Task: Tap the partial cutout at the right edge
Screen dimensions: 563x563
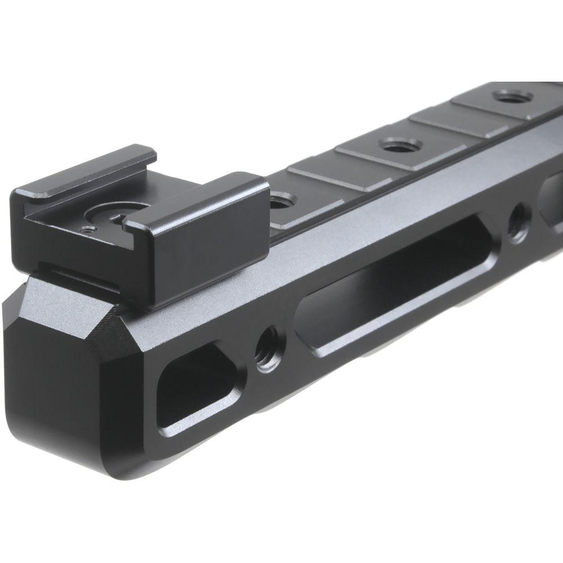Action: click(x=552, y=197)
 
